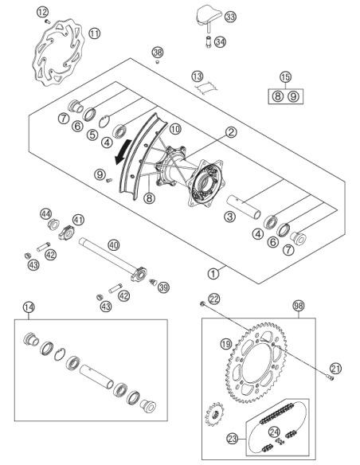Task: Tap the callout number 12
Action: point(42,12)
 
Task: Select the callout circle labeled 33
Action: point(230,17)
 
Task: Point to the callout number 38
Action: point(158,53)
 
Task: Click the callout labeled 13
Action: point(198,76)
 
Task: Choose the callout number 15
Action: point(285,77)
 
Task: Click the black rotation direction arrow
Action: point(122,152)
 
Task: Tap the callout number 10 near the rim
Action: point(175,129)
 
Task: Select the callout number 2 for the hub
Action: point(231,132)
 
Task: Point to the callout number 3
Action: point(230,217)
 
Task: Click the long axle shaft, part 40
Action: point(112,258)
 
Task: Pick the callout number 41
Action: point(78,220)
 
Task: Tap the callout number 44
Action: point(46,214)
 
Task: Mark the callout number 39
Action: point(163,287)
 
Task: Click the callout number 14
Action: point(29,307)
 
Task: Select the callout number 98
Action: point(299,306)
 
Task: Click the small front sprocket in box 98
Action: point(215,414)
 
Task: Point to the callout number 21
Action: point(335,369)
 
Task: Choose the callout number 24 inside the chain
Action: point(274,432)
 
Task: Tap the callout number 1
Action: point(213,273)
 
